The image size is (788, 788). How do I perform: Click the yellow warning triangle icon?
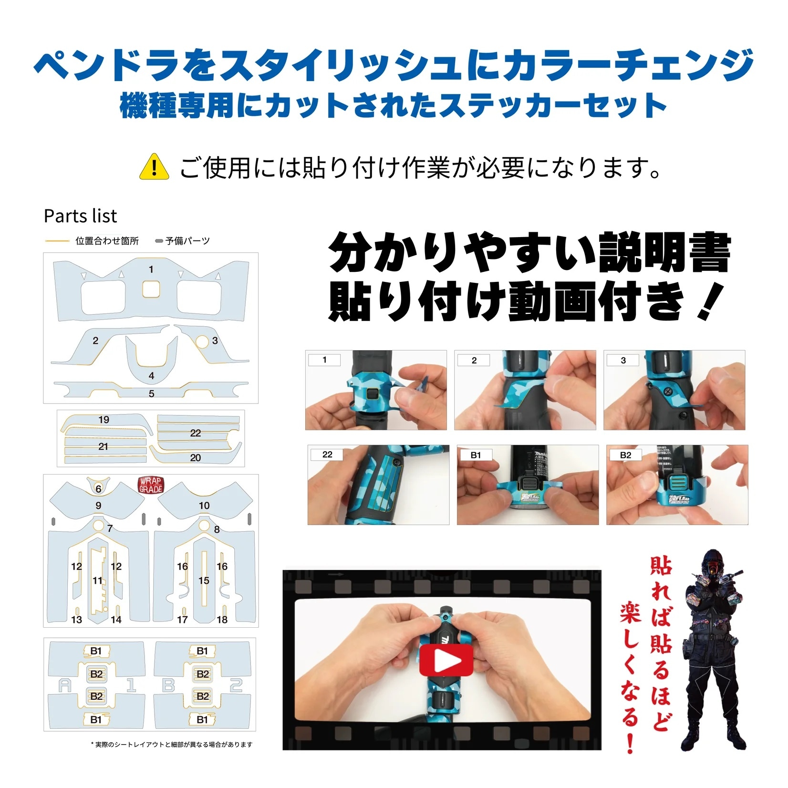[x=154, y=167]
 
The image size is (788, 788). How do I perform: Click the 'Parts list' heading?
[x=80, y=216]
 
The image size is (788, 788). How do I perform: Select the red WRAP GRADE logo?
[x=151, y=485]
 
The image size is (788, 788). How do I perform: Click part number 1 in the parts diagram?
[x=151, y=270]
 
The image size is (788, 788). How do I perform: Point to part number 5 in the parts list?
[x=152, y=394]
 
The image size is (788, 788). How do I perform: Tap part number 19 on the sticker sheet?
[x=104, y=420]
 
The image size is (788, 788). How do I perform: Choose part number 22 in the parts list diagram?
[x=196, y=433]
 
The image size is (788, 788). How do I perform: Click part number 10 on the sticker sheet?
[x=204, y=506]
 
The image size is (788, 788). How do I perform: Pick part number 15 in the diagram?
[x=204, y=581]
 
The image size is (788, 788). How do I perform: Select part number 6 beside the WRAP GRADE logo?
[x=98, y=488]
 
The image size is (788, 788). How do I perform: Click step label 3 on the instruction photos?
[x=623, y=360]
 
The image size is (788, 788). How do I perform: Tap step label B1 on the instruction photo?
[x=476, y=455]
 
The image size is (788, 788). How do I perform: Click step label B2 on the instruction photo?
[x=625, y=455]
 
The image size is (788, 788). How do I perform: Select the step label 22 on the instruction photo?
[x=327, y=455]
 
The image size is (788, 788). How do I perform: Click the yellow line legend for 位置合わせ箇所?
[x=58, y=241]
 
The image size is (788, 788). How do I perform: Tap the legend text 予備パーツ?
[x=187, y=241]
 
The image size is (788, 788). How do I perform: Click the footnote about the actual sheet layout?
[x=172, y=745]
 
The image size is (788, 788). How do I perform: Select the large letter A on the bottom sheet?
[x=64, y=686]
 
